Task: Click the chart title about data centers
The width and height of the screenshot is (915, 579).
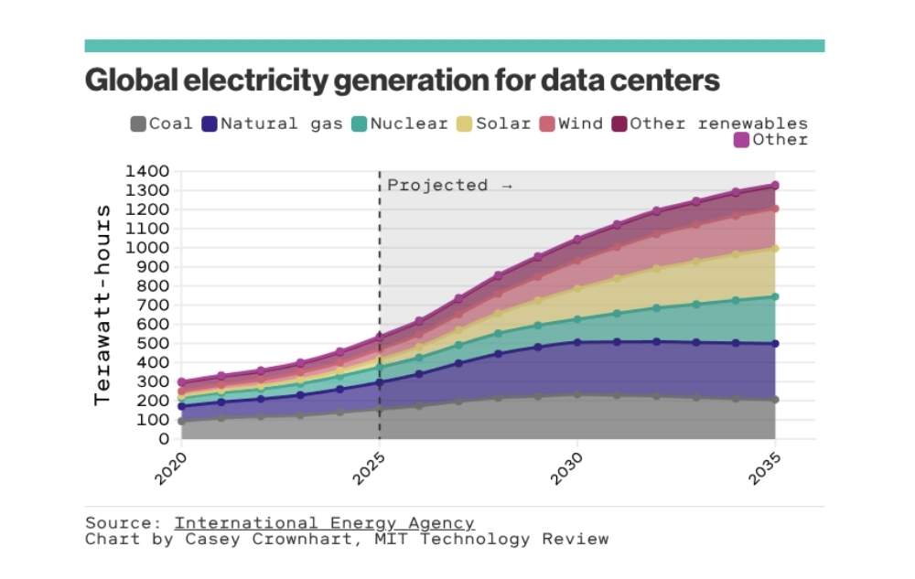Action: (x=402, y=81)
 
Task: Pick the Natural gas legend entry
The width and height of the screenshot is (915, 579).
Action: (x=271, y=123)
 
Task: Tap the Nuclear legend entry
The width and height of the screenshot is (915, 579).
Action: (x=399, y=123)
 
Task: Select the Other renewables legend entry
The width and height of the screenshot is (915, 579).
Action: (x=709, y=123)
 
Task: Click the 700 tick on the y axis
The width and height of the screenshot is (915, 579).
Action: (x=153, y=306)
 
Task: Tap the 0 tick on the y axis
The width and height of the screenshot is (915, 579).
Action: (x=164, y=439)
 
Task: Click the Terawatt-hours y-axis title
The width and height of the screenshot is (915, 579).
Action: (x=102, y=305)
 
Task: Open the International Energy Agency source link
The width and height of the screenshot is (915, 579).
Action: (x=324, y=523)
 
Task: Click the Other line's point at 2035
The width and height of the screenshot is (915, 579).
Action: (x=775, y=186)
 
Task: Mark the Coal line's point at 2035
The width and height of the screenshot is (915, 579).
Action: (x=775, y=400)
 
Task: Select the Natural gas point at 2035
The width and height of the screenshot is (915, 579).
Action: (x=775, y=344)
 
